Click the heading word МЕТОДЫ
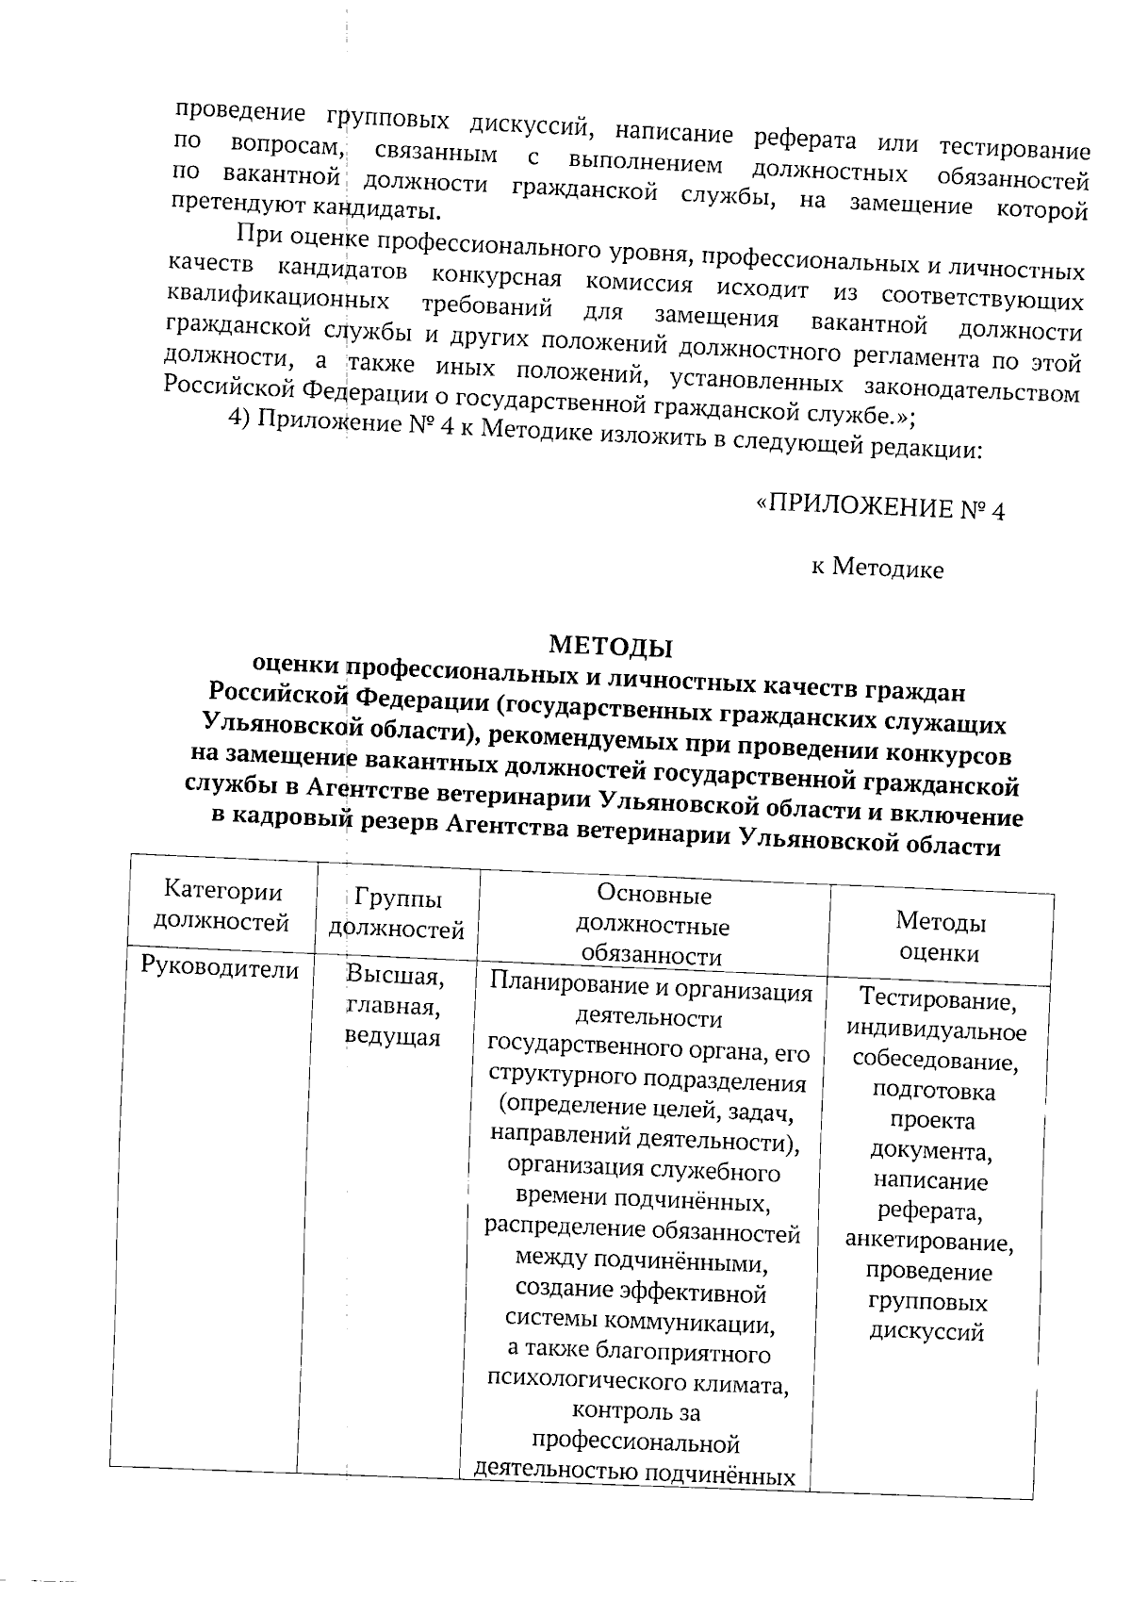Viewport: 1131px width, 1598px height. click(x=611, y=647)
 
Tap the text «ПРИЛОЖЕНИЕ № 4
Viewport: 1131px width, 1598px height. click(x=880, y=509)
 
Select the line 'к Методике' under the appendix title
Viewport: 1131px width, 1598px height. click(x=877, y=568)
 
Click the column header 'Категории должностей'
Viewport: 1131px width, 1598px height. click(x=222, y=906)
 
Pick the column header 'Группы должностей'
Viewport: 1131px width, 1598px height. click(x=397, y=914)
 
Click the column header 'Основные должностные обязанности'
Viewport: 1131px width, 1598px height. click(x=653, y=925)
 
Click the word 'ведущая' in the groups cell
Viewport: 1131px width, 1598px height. click(x=392, y=1037)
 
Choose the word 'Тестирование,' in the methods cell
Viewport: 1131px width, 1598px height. click(x=938, y=999)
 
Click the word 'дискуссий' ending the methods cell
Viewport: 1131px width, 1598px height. click(x=926, y=1333)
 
